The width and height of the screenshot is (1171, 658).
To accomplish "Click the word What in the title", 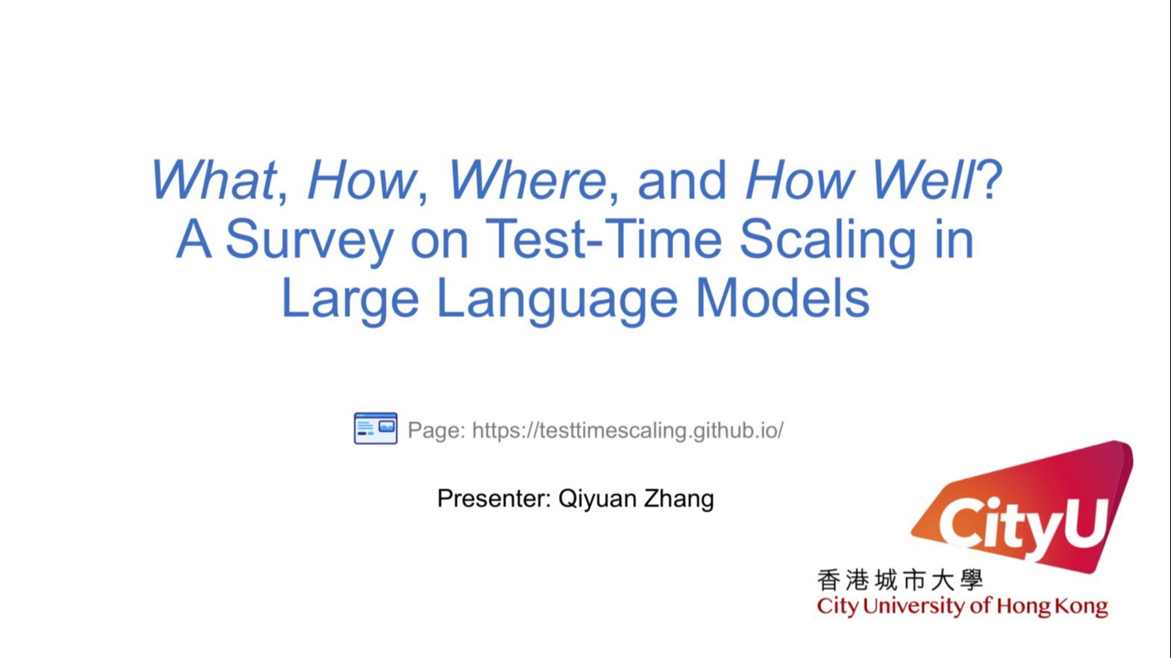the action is tap(213, 180).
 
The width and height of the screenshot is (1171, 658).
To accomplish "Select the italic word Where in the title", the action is tap(527, 180).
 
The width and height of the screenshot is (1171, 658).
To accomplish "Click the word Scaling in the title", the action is tap(828, 240).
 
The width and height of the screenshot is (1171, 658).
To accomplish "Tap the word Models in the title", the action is tap(783, 298).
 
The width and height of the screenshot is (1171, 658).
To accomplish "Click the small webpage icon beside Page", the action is tap(375, 428).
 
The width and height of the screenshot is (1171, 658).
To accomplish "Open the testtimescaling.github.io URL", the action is tap(628, 430).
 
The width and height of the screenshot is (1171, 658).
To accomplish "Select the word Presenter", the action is tap(494, 498).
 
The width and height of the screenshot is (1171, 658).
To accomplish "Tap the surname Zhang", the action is tap(679, 499).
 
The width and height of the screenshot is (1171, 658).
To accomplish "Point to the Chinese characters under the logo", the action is tap(899, 580).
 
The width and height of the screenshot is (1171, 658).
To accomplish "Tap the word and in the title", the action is tap(681, 180).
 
